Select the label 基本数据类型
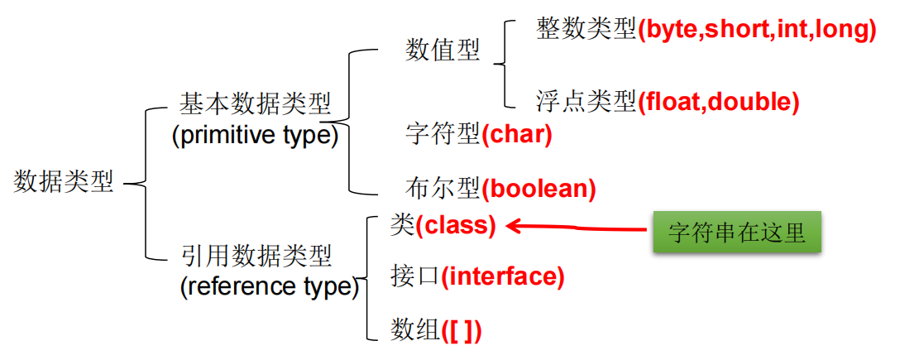pos(256,105)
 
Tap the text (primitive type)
pos(255,136)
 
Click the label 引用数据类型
pos(256,256)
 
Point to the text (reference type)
pos(269,286)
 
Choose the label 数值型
pos(442,51)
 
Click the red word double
pos(747,102)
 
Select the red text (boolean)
pos(539,188)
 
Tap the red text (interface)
pos(503,276)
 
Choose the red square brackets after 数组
pos(462,331)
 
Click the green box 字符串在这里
pos(737,233)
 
